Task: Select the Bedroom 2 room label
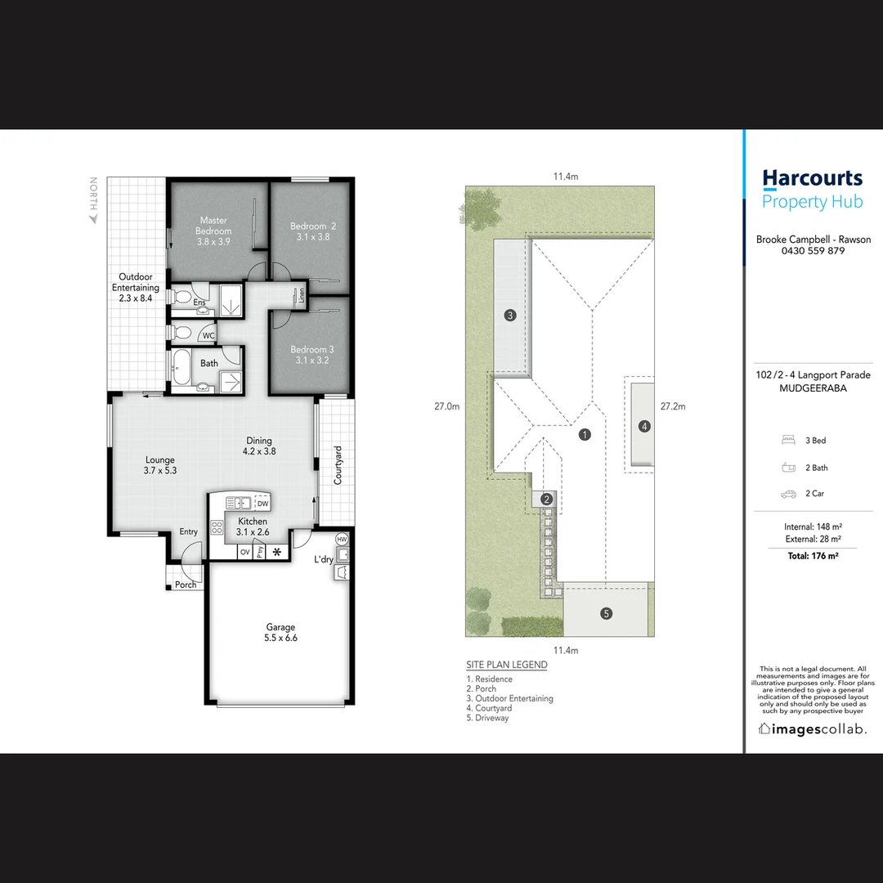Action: (x=312, y=226)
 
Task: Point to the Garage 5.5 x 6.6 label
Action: (x=280, y=633)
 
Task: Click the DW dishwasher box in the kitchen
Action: (x=262, y=504)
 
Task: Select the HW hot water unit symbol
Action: (x=342, y=540)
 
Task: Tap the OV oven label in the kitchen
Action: (x=244, y=553)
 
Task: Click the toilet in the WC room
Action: (x=184, y=334)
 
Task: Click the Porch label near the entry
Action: (x=186, y=585)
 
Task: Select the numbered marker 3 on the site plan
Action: (x=509, y=316)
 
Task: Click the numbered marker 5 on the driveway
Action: (x=606, y=613)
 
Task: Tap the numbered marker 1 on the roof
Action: (x=585, y=435)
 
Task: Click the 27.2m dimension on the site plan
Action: (x=672, y=406)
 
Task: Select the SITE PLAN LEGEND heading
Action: (x=506, y=665)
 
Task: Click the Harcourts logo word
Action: (x=812, y=178)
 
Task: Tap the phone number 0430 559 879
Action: (x=812, y=251)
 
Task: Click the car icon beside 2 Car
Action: (x=788, y=495)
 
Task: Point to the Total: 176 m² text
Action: (x=812, y=556)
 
